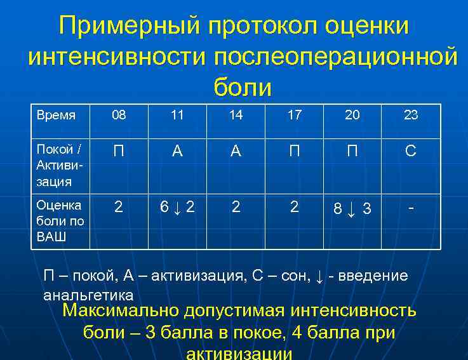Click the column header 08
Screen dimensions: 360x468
119,115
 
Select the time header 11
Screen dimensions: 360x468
177,115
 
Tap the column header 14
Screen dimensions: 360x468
236,115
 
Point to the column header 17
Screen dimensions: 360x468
294,115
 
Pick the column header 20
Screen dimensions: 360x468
352,115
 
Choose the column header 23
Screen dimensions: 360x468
410,115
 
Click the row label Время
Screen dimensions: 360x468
56,116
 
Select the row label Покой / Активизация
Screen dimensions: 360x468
59,166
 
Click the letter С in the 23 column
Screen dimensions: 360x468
410,152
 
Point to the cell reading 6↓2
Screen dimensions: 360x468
177,208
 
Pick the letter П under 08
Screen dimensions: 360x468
119,152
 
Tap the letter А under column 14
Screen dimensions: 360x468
236,152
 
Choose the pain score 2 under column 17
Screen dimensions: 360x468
294,207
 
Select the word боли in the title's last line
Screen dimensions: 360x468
243,86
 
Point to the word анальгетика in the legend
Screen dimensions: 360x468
88,295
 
